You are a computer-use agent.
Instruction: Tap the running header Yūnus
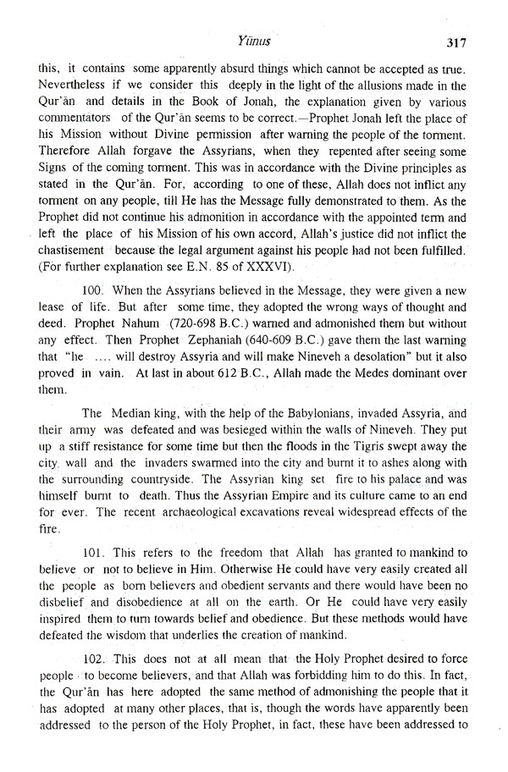(253, 38)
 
